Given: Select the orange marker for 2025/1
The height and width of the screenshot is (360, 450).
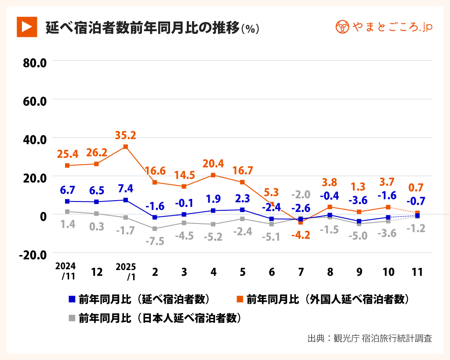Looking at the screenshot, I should point(126,147).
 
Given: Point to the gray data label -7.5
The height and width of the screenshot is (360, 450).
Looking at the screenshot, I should point(155,241).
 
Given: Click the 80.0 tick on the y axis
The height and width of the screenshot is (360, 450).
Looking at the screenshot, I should point(35,62).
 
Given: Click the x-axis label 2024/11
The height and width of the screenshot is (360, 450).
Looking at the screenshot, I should point(65,272).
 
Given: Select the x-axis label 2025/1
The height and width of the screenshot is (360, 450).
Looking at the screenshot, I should point(126,272).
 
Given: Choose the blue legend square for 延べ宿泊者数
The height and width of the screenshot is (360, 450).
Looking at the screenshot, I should point(72,299).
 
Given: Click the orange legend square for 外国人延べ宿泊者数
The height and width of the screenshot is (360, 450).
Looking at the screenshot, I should point(240,299).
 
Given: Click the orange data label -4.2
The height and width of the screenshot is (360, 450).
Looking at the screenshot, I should point(301,235).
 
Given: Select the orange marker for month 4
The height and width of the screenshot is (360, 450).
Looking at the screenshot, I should point(213,175).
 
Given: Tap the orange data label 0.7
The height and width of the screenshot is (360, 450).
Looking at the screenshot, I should point(417,188).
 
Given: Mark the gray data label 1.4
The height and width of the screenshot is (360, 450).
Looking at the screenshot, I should point(67,224).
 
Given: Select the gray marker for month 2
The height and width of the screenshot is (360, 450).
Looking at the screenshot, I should point(155,229).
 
